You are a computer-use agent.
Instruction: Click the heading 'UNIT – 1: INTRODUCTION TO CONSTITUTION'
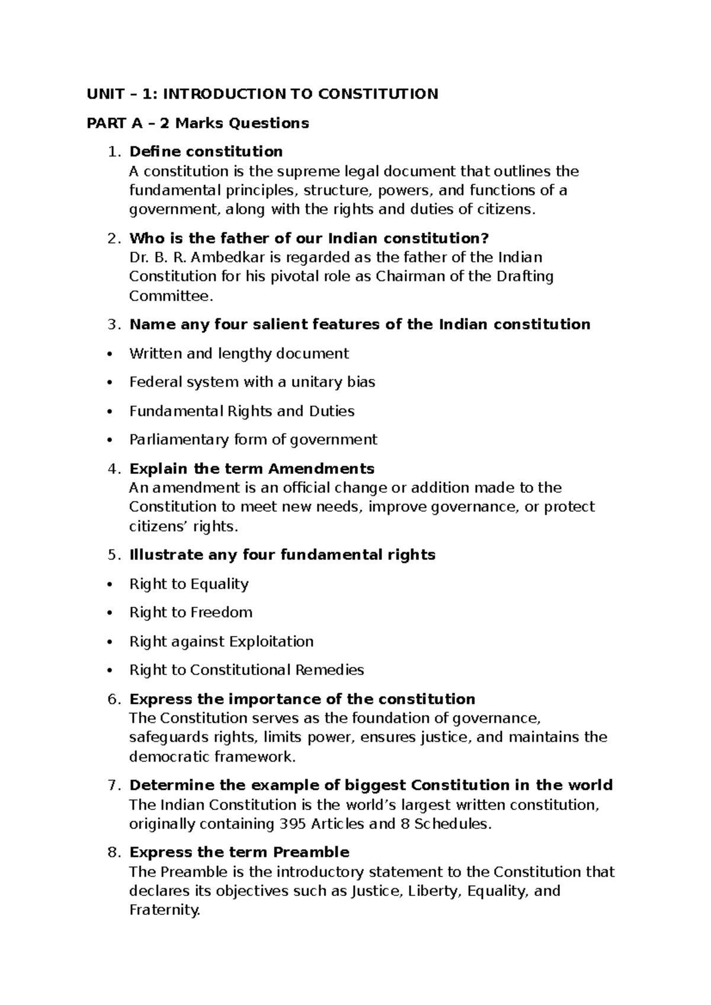point(262,94)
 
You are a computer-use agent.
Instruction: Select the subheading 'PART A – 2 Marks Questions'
point(198,123)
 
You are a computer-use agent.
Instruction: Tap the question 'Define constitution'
point(206,152)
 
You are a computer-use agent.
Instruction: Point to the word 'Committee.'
point(171,296)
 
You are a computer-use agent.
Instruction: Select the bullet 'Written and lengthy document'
point(239,354)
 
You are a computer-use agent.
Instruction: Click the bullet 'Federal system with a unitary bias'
point(252,382)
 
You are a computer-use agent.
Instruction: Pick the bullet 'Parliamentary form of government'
point(253,440)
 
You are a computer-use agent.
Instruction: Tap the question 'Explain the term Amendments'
point(252,469)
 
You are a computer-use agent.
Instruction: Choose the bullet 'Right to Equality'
point(189,584)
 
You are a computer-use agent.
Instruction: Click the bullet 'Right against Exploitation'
point(221,642)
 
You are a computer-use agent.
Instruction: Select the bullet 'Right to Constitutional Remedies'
point(246,670)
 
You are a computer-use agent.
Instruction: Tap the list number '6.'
point(115,699)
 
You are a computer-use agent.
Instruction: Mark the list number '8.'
point(115,853)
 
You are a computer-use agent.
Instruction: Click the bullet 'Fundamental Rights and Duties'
point(242,411)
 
